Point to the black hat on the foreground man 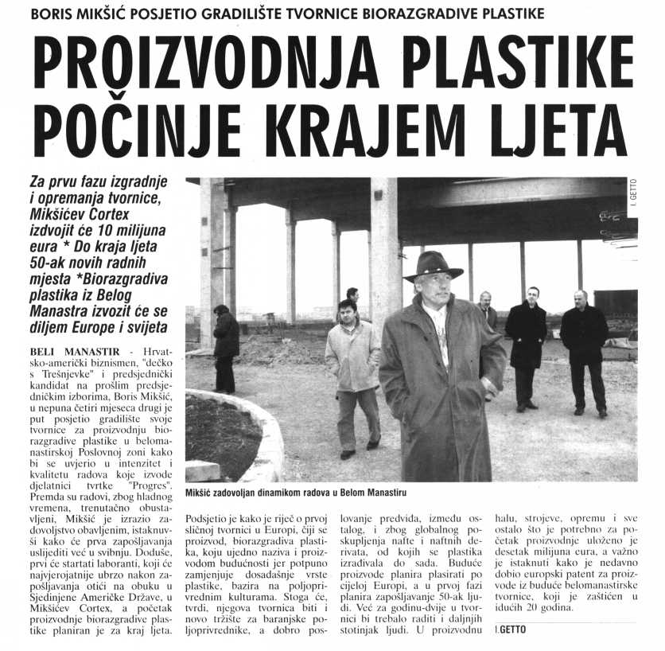433,264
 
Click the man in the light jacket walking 352,374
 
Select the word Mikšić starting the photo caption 199,493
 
